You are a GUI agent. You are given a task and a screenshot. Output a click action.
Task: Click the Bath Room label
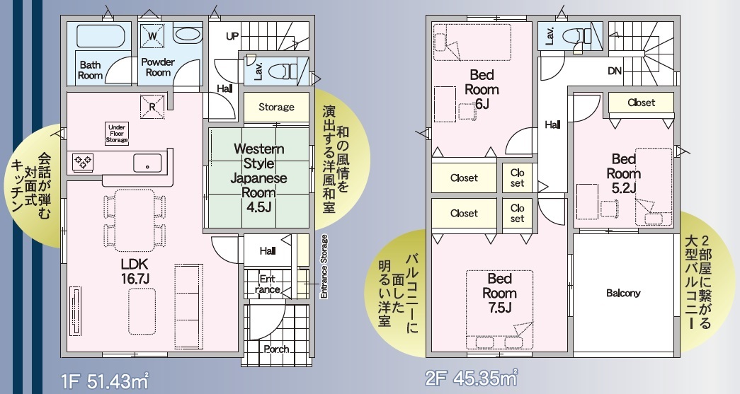90,70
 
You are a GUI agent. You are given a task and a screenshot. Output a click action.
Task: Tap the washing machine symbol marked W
152,36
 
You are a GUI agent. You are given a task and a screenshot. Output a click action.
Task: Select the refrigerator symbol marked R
152,107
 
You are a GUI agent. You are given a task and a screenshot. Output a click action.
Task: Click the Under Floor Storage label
117,134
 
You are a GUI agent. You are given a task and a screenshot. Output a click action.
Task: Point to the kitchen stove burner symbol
83,162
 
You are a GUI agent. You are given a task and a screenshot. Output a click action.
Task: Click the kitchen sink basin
147,163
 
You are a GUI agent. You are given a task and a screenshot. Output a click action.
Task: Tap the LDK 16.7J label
135,271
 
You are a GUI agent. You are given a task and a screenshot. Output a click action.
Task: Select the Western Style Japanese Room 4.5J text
258,178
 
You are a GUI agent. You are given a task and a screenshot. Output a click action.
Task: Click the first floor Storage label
276,107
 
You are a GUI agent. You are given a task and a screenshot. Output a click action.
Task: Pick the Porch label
276,349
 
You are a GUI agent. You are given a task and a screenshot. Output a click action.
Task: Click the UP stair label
233,36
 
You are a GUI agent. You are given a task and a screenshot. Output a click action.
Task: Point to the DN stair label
615,71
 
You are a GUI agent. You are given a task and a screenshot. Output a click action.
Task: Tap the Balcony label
623,293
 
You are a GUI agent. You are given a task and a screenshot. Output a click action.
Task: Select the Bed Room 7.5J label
499,293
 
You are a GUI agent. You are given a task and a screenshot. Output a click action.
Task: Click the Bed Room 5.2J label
623,173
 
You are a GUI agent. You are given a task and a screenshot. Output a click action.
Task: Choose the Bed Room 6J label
482,89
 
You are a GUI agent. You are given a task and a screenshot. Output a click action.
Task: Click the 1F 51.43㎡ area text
105,381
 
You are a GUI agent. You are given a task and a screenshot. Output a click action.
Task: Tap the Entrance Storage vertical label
324,267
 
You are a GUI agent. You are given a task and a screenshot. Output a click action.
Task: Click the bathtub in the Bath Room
101,35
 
